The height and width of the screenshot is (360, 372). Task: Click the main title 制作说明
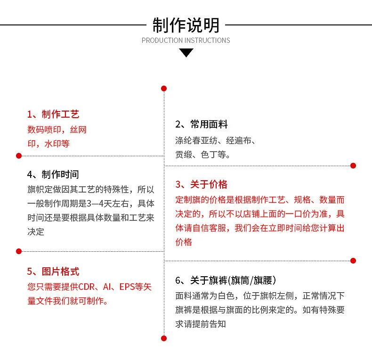pos(186,25)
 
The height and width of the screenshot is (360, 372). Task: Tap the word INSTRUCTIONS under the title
pos(208,40)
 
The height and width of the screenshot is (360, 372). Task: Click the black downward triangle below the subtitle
pos(186,53)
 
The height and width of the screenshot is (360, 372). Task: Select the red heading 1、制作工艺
pos(53,114)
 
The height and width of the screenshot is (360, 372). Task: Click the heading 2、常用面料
pos(202,124)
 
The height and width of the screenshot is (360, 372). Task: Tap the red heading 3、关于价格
pos(202,184)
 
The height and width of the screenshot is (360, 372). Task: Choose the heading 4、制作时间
pos(53,174)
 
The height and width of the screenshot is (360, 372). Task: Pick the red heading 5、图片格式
pos(53,272)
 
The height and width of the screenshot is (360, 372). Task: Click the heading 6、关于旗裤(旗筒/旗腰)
pos(226,280)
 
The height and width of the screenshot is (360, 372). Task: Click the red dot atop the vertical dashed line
pos(164,88)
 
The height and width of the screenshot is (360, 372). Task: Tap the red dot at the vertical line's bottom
pos(164,338)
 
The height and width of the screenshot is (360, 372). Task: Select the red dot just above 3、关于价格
pos(353,166)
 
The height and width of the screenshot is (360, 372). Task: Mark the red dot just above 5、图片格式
pos(19,251)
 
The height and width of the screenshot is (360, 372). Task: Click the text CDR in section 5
pos(86,287)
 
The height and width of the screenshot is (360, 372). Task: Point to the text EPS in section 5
pos(127,287)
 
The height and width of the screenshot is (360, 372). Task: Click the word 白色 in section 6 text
pos(226,296)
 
